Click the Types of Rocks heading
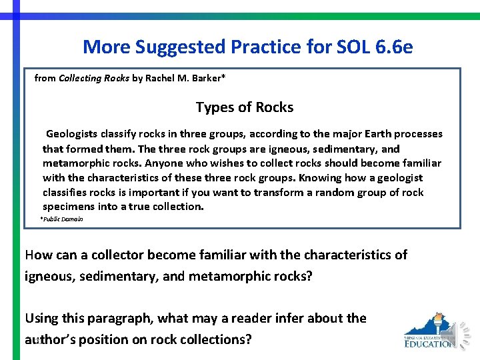coord(244,107)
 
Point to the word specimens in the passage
coord(68,207)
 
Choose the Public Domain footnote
coord(62,219)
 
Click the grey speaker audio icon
coord(462,331)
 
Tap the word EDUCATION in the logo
coord(429,344)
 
